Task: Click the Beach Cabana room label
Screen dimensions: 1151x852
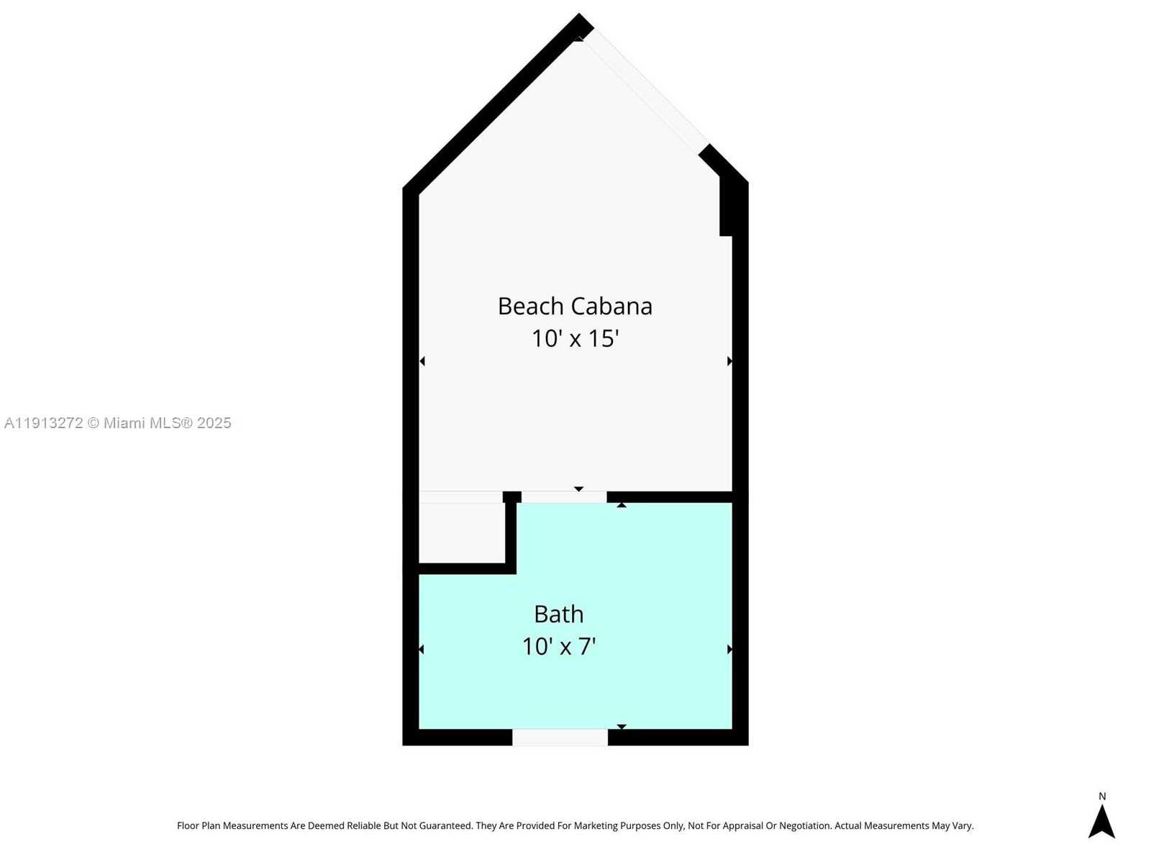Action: [x=575, y=306]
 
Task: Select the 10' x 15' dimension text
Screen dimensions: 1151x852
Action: [x=575, y=338]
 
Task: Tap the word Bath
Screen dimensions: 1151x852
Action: [x=558, y=615]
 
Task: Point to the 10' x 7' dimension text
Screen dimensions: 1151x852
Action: [x=558, y=647]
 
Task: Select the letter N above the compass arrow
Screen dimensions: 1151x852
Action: [x=1101, y=796]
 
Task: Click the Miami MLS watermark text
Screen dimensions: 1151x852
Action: [x=117, y=423]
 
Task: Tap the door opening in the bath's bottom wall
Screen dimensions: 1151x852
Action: [x=560, y=738]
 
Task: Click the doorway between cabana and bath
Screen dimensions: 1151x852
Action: [x=564, y=497]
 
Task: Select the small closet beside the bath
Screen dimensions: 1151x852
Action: [x=462, y=532]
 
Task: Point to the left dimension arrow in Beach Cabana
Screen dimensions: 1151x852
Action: [x=422, y=361]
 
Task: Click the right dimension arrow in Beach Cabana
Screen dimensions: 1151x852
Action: [x=729, y=361]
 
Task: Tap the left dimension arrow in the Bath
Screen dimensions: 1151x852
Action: [x=422, y=649]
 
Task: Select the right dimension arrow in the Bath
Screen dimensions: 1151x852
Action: [x=729, y=649]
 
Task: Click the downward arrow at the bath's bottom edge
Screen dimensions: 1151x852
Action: [x=621, y=726]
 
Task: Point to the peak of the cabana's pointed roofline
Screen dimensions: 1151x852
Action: [x=578, y=14]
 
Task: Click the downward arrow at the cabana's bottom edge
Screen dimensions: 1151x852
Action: [x=578, y=489]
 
